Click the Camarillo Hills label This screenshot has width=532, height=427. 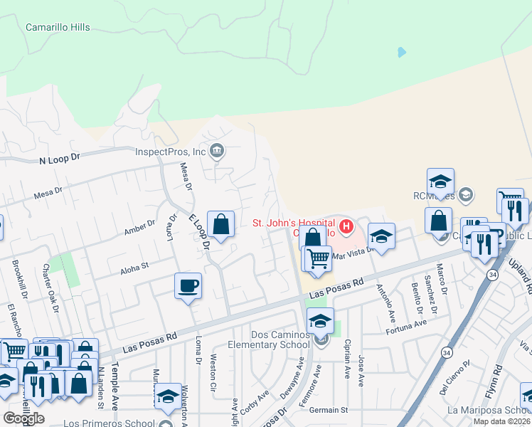(x=58, y=27)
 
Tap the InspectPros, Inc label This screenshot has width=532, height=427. (x=171, y=151)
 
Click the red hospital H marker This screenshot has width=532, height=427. (x=346, y=228)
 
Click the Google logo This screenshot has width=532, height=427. (x=23, y=418)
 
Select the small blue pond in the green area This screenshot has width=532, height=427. (x=402, y=52)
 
